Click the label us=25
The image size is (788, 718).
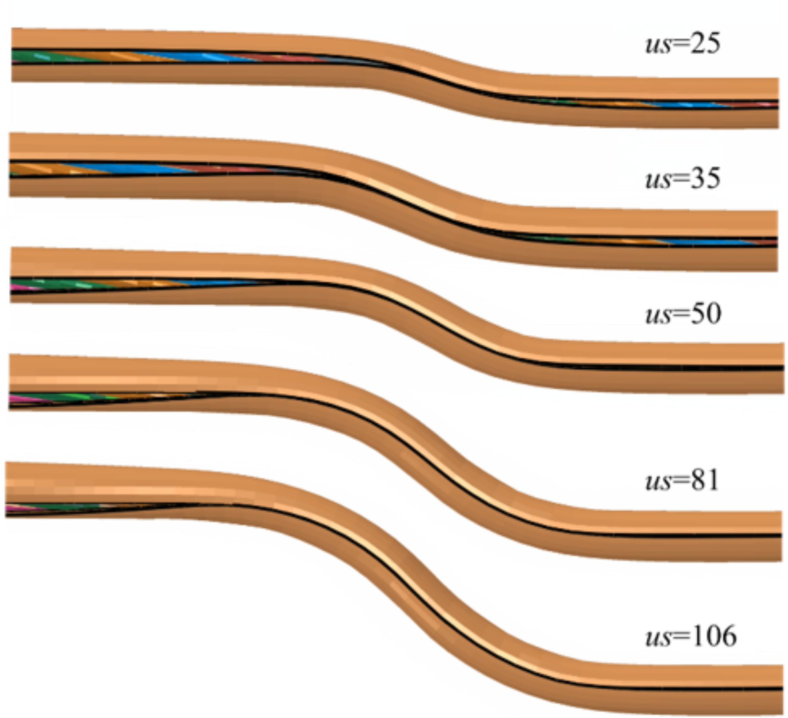[x=683, y=44]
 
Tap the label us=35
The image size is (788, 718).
[x=683, y=179]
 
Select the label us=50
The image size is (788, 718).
[x=683, y=314]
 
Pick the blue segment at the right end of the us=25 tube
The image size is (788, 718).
[x=683, y=105]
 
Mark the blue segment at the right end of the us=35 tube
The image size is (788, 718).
[x=706, y=242]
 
